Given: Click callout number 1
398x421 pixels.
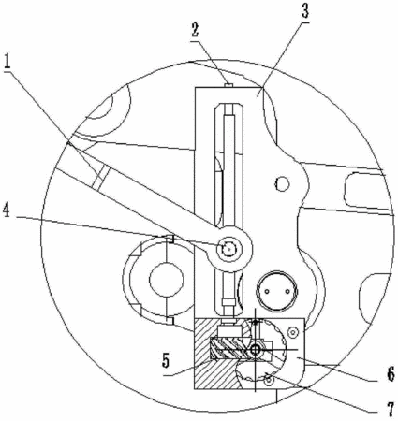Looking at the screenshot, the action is coord(7,62).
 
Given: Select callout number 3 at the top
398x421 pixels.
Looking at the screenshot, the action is coord(304,10).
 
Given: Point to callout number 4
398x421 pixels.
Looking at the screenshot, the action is coord(7,210).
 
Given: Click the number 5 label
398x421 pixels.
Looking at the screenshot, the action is coord(166,361).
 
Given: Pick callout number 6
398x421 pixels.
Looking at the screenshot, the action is coord(391,373).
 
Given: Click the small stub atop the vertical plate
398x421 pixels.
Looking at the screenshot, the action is coord(228,85).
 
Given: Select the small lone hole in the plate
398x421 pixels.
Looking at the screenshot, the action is coord(283,183).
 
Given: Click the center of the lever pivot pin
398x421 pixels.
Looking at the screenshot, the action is coord(228,249).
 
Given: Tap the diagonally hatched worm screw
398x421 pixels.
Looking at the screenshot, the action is coord(229,348).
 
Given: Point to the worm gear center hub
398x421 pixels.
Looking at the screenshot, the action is coord(255,350).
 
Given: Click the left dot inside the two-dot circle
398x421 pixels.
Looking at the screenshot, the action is coord(267,291).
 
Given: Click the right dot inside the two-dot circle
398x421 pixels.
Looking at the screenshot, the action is coord(287,291).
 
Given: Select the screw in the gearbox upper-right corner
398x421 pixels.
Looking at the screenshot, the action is coord(292,332).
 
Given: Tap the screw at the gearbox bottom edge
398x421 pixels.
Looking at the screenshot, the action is coord(269,380).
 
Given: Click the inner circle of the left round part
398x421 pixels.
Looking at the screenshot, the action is coord(166,280).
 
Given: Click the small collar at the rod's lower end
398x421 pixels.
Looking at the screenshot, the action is coord(228,302).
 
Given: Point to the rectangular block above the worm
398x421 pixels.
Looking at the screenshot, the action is coord(228,331).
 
